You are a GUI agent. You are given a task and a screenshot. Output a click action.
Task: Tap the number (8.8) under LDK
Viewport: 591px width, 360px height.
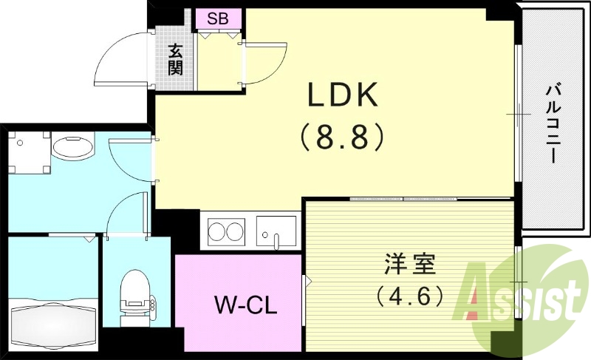coord(342,137)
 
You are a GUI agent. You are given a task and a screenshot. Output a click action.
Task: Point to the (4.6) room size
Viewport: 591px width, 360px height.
coord(410,296)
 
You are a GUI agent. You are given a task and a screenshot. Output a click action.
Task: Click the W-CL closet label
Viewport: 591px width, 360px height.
coord(245,305)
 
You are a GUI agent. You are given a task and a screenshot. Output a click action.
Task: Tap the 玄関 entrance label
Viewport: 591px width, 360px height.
coord(175,59)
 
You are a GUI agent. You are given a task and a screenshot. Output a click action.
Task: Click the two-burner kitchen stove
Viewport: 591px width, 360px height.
coord(226,231)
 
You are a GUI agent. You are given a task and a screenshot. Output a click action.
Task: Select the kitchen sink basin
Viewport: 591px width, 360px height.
coord(276,230)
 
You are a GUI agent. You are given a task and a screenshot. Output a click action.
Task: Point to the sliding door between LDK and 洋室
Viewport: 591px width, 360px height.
coord(403,199)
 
